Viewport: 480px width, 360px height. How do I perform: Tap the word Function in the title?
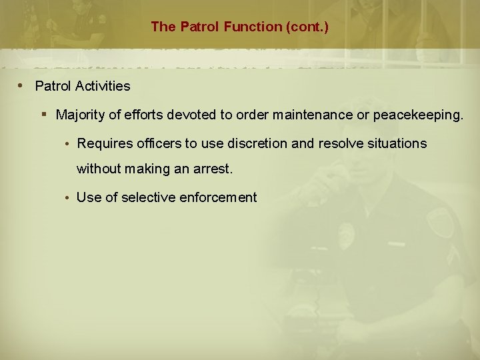[242, 27]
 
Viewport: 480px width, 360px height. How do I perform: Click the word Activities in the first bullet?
[101, 87]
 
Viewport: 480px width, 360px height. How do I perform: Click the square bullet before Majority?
[43, 115]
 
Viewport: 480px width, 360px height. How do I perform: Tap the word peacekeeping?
[417, 115]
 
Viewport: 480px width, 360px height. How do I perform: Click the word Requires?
[103, 143]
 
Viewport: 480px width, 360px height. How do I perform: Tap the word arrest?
[213, 169]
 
